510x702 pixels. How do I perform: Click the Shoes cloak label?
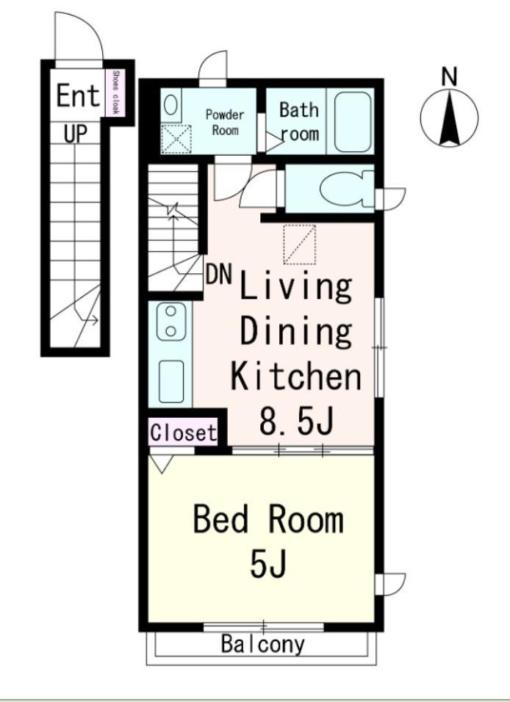(x=116, y=92)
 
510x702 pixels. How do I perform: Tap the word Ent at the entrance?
(x=77, y=95)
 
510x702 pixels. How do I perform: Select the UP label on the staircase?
(x=75, y=133)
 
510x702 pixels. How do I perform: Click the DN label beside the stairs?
(x=219, y=274)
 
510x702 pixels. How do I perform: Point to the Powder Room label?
(x=225, y=122)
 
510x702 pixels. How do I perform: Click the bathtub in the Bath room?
(x=353, y=121)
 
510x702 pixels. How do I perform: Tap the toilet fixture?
(x=346, y=188)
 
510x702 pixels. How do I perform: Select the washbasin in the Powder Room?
(x=170, y=105)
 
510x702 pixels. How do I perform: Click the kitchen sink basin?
(x=171, y=381)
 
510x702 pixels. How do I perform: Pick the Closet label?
(x=183, y=433)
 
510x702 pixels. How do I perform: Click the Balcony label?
(x=262, y=644)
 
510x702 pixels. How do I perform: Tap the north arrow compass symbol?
(x=449, y=117)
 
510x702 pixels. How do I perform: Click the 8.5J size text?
(x=296, y=421)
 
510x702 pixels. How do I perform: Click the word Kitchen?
(x=295, y=376)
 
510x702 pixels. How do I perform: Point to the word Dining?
(x=295, y=332)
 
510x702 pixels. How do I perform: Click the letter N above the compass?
(x=449, y=76)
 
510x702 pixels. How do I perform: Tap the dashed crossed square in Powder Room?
(x=176, y=140)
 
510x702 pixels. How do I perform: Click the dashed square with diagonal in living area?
(x=299, y=245)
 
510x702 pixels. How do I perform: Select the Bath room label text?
(x=299, y=121)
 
